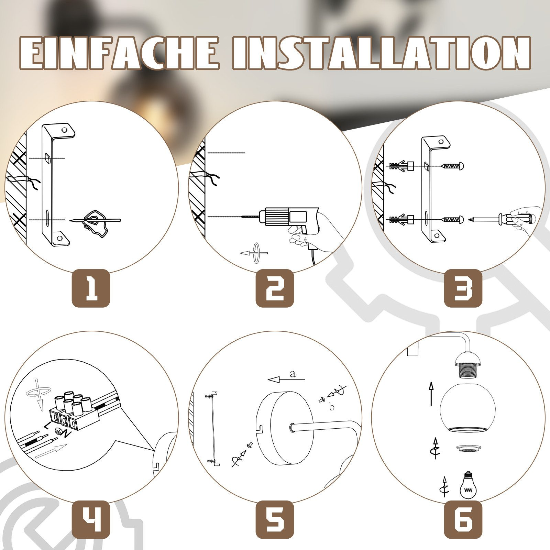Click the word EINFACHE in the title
(x=119, y=53)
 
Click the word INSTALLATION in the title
(x=382, y=53)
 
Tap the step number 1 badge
(x=91, y=288)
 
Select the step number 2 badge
(x=275, y=288)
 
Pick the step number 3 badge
(x=463, y=288)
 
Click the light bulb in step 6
(x=467, y=484)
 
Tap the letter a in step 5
(x=293, y=374)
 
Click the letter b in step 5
(x=332, y=407)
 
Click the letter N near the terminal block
(x=67, y=434)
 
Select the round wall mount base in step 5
(x=285, y=429)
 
